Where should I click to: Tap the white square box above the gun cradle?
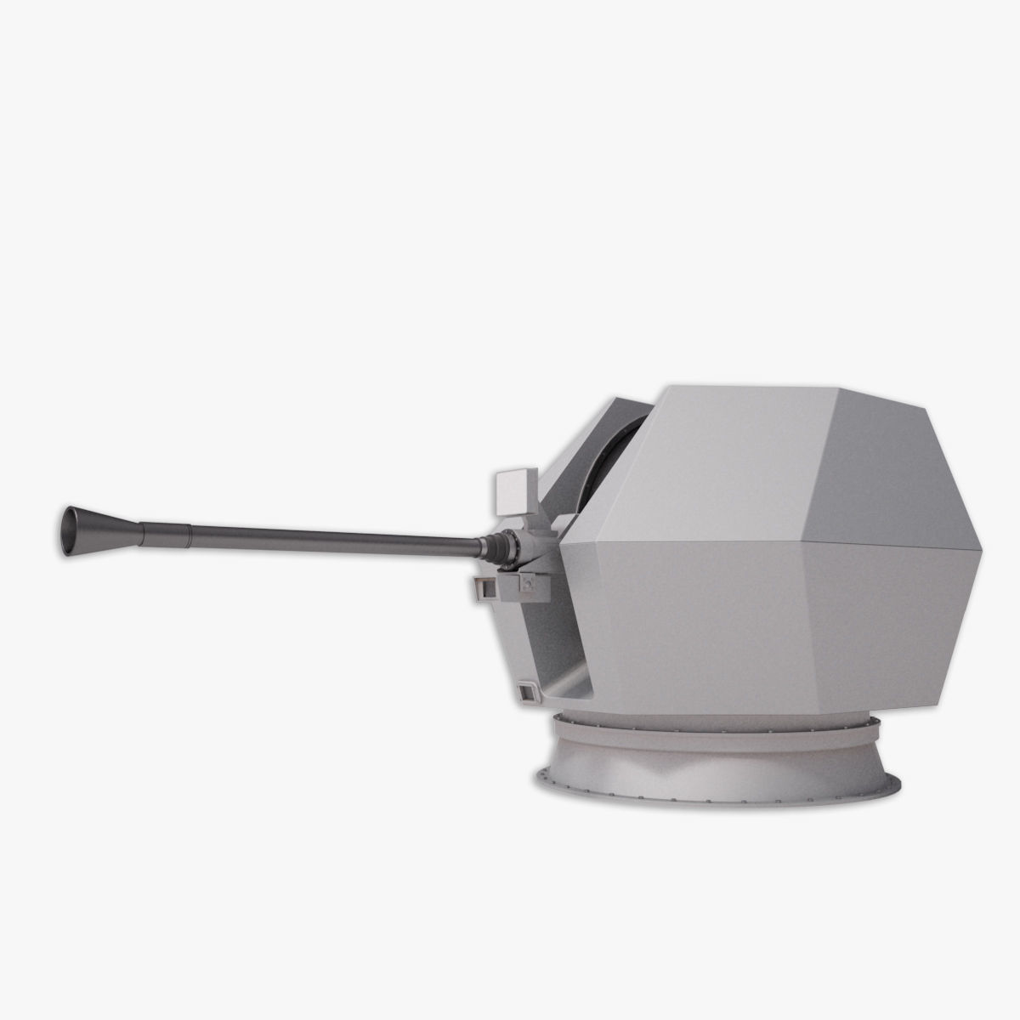click(x=513, y=491)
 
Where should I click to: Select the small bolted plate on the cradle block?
click(x=527, y=584)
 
